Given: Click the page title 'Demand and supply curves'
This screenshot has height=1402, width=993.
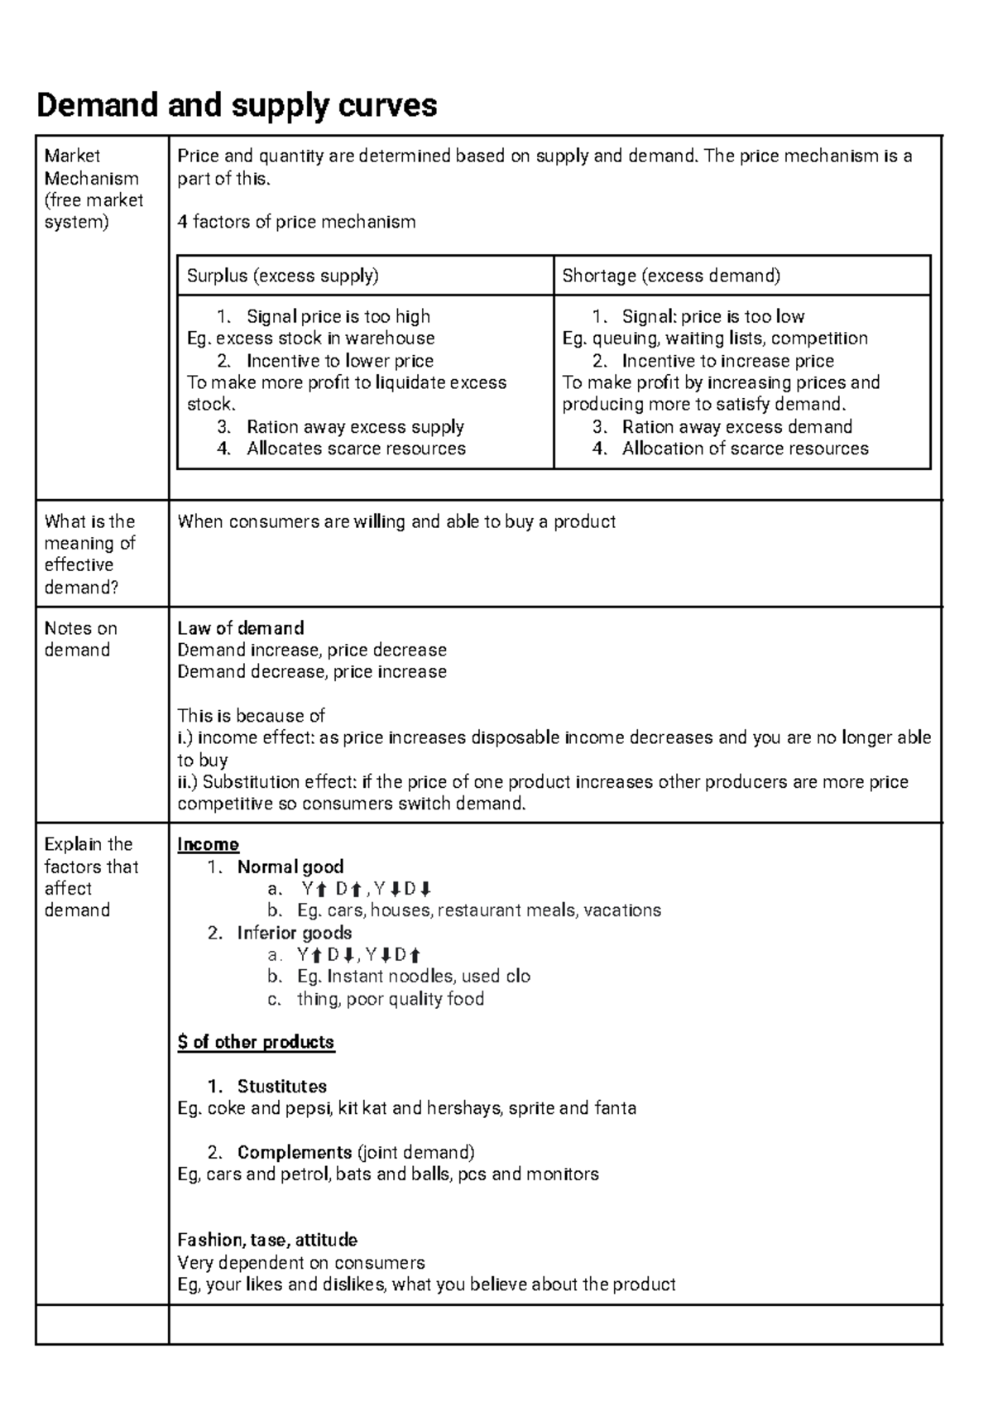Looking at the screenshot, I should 237,106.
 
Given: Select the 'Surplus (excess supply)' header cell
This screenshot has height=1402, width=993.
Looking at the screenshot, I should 282,276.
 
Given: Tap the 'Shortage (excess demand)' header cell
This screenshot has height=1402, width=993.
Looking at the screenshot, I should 671,276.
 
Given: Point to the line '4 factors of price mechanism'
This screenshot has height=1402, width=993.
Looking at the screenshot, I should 296,222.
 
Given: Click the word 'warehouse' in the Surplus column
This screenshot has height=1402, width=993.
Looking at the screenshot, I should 390,338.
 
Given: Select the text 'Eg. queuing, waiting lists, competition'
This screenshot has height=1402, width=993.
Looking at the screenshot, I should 715,338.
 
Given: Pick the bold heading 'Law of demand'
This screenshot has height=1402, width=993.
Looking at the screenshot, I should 241,628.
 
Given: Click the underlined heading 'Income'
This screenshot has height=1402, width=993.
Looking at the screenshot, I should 208,845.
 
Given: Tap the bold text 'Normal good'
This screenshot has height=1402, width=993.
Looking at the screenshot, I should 290,867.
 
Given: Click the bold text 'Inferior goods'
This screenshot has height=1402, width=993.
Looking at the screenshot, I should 295,934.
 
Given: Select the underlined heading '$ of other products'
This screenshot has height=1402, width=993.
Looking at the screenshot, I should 256,1042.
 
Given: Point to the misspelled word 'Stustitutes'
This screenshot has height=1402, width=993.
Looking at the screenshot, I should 281,1087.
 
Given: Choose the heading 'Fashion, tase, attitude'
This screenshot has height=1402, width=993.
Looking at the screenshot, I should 267,1241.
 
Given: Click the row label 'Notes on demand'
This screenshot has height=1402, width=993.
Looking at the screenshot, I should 80,639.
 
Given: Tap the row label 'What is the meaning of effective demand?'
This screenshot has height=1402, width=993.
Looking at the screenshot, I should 89,555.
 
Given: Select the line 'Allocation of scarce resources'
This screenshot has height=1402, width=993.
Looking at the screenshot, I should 745,449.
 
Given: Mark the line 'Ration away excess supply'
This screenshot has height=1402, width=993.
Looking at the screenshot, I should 355,427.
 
